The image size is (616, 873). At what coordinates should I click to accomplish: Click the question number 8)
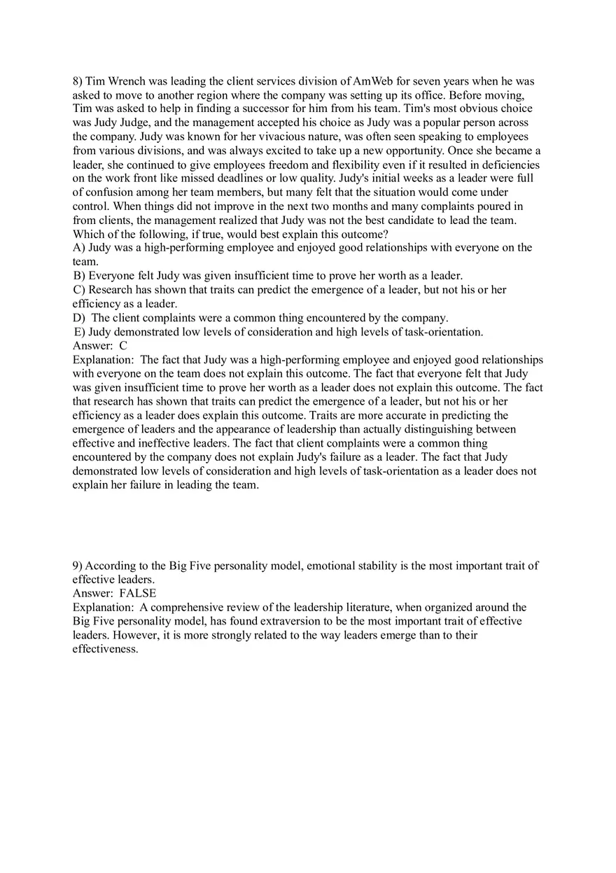[x=78, y=81]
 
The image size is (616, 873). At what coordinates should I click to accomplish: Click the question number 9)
[x=78, y=566]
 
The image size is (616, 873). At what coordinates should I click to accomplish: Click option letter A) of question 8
[x=78, y=248]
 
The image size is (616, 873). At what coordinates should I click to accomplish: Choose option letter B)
[x=79, y=276]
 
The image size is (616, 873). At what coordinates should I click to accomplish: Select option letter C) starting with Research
[x=80, y=290]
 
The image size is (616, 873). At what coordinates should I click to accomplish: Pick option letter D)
[x=79, y=318]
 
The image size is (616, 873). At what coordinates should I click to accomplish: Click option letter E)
[x=79, y=332]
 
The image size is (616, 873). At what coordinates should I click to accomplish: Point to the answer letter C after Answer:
[x=123, y=346]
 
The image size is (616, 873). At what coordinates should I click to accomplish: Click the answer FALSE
[x=138, y=594]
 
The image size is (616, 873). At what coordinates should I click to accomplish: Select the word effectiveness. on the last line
[x=105, y=649]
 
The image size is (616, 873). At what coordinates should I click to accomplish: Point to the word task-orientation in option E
[x=443, y=332]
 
